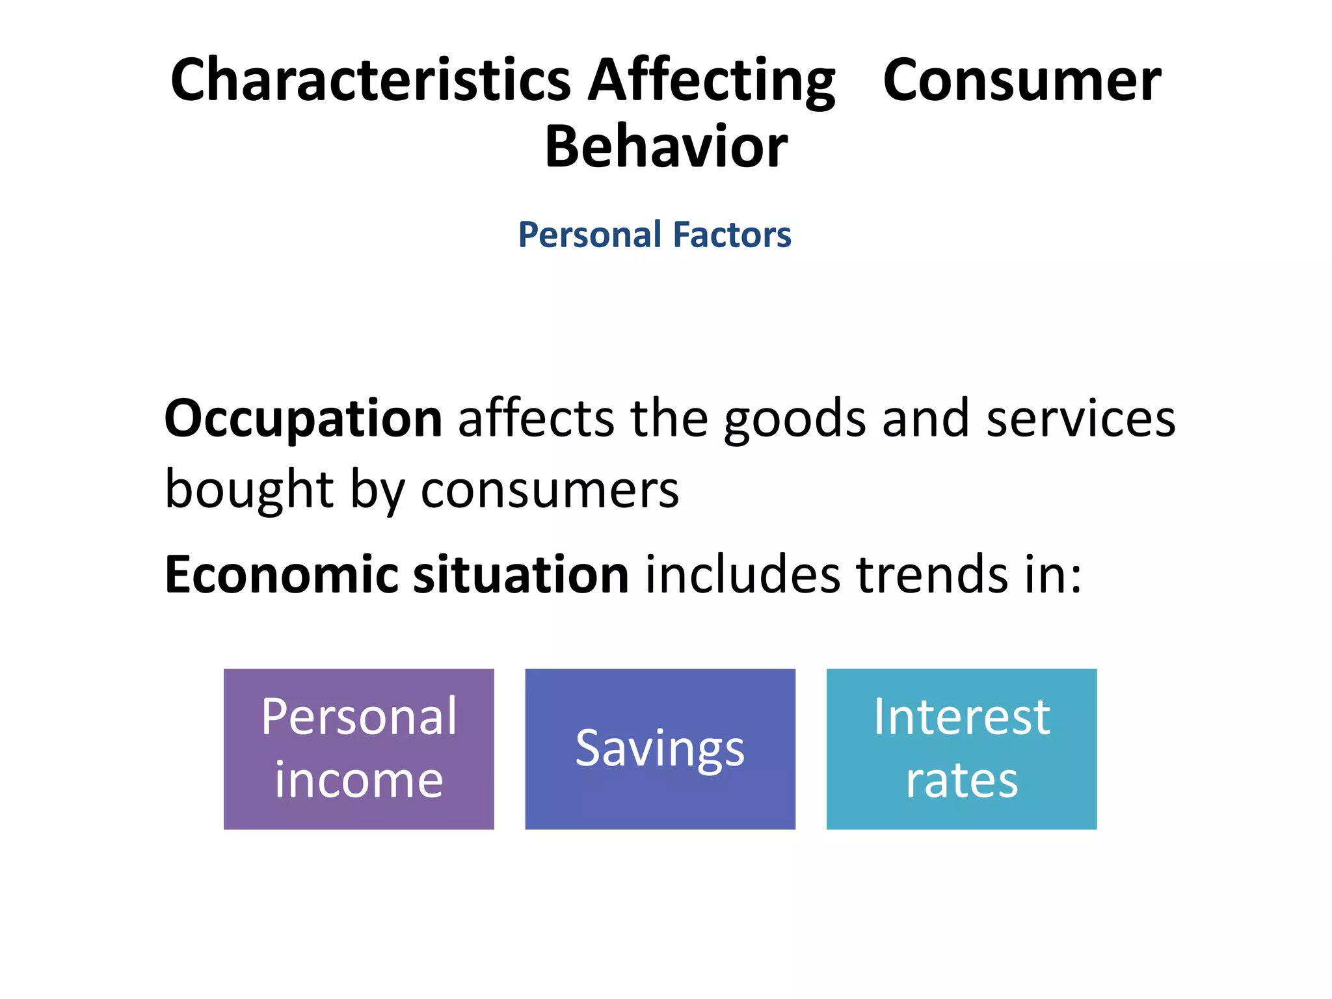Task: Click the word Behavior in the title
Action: click(x=666, y=147)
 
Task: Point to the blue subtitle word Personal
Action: click(x=589, y=235)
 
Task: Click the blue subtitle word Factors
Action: click(x=732, y=235)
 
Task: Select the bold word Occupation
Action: click(x=303, y=419)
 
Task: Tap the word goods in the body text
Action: click(x=795, y=419)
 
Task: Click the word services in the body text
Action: click(x=1081, y=419)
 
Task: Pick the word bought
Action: click(x=249, y=489)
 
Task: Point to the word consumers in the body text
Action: click(x=550, y=489)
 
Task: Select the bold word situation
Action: click(x=521, y=575)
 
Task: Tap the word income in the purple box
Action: click(x=358, y=780)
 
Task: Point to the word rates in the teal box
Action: click(x=961, y=780)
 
